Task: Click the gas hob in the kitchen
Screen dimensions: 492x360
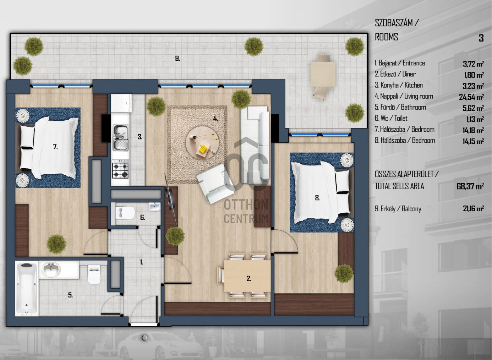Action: click(x=120, y=169)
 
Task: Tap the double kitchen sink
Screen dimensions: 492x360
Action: click(x=120, y=138)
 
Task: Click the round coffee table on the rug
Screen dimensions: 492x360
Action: click(x=202, y=143)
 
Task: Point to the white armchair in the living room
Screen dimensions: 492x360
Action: click(x=215, y=184)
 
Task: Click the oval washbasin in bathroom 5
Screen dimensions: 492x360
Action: click(x=51, y=269)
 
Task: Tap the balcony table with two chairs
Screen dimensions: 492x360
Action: click(x=323, y=77)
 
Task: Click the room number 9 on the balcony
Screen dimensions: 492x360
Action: click(x=177, y=59)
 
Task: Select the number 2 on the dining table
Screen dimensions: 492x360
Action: click(x=248, y=278)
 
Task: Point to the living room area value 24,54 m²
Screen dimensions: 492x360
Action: click(x=471, y=97)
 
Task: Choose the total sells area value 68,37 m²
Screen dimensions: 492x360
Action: click(x=470, y=186)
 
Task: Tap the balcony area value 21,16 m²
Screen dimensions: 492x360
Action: click(x=473, y=208)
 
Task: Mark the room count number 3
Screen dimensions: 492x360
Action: click(x=481, y=38)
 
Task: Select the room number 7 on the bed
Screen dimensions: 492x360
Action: click(x=56, y=147)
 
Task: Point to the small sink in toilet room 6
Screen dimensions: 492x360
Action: click(x=154, y=207)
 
